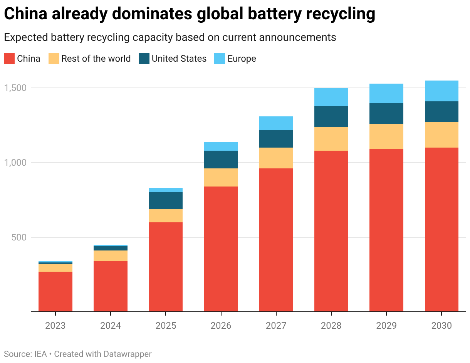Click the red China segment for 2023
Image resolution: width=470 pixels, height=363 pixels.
55,291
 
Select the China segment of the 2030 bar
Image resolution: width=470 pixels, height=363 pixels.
441,229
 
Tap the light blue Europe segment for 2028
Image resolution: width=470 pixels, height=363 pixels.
331,97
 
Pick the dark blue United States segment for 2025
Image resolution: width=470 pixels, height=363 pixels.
166,200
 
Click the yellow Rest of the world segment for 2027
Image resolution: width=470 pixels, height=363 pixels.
276,158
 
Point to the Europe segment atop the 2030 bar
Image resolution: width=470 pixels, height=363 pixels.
441,91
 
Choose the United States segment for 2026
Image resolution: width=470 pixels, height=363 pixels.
221,160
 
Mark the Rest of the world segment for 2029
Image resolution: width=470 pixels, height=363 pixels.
386,136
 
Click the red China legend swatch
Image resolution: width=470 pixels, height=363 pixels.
9,59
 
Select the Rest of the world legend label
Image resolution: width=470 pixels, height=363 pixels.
96,59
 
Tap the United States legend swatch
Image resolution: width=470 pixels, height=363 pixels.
144,59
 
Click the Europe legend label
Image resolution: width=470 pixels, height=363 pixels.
242,59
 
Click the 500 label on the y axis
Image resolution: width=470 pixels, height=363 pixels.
19,237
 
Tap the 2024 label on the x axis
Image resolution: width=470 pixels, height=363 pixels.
111,326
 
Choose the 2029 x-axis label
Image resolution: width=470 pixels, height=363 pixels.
386,326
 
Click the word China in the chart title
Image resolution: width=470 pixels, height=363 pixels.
26,14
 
